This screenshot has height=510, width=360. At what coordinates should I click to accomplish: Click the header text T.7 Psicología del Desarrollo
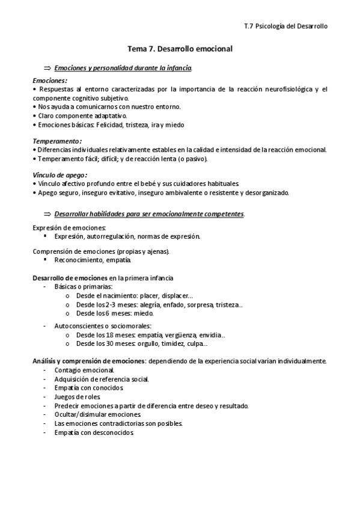click(286, 26)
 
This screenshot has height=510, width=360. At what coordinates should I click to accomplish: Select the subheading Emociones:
click(50, 80)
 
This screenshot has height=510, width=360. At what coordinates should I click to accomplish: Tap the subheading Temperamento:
click(56, 141)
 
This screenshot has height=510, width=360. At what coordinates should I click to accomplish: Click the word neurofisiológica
click(282, 89)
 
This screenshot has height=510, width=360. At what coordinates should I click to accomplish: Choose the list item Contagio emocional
click(84, 370)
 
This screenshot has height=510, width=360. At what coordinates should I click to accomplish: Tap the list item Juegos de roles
click(78, 396)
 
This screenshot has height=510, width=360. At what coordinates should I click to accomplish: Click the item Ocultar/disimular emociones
click(98, 414)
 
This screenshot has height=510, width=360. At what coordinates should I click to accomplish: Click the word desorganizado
click(267, 192)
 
